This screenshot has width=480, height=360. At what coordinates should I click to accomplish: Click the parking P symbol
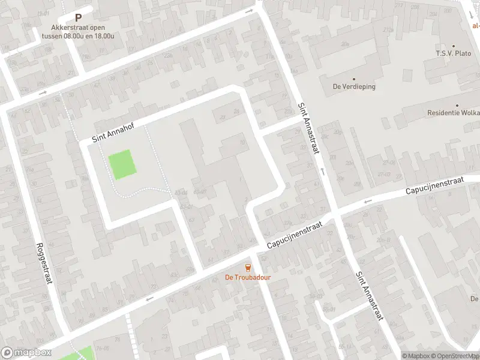click(78, 18)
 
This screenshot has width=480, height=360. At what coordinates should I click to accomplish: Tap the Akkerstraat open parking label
click(78, 31)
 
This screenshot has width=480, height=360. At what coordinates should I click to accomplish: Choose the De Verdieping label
click(354, 86)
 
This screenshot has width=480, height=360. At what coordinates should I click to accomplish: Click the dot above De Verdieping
click(354, 79)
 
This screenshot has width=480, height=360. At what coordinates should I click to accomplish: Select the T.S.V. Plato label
click(454, 53)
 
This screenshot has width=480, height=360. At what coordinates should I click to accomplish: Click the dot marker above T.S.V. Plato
click(454, 46)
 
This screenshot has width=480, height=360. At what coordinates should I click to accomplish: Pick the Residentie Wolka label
click(454, 113)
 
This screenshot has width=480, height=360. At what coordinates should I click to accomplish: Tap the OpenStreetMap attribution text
click(454, 356)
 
